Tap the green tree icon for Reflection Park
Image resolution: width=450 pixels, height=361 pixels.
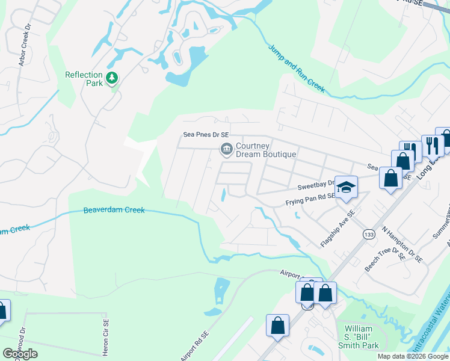point(111,78)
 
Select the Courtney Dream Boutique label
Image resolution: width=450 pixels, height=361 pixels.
point(265,150)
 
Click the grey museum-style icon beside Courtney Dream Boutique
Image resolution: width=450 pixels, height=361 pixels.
point(226,149)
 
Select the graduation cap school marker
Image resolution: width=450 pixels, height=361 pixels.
point(347,187)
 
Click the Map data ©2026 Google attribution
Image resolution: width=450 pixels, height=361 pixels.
point(413,356)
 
